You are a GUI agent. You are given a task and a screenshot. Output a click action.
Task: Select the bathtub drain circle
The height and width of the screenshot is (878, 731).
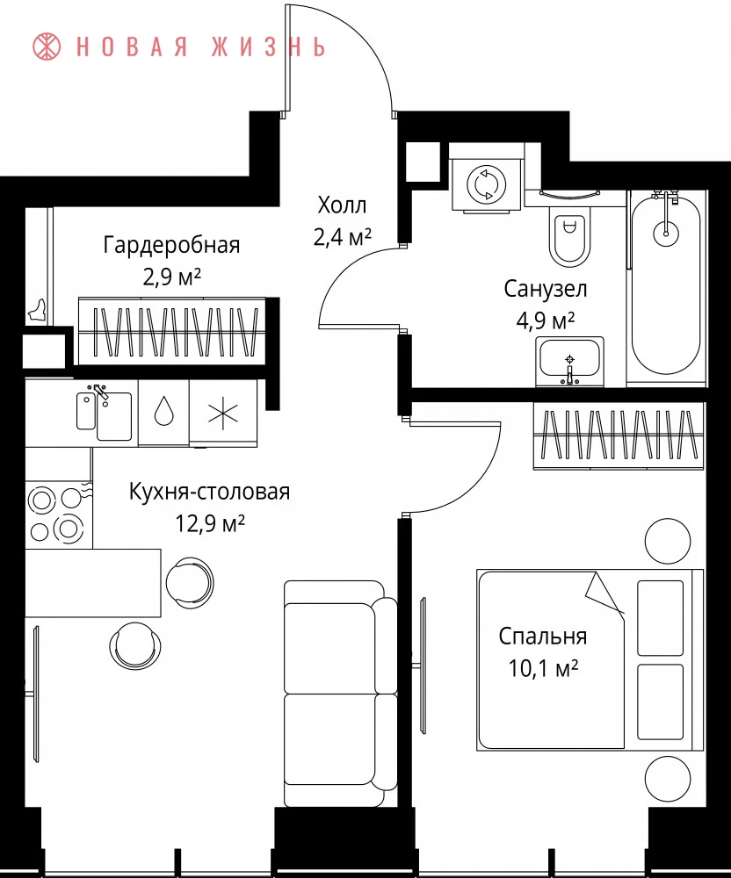[665, 231]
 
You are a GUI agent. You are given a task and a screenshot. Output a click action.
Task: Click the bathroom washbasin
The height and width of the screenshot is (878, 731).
[569, 362]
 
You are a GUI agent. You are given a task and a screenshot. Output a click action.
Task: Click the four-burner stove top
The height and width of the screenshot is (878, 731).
[56, 514]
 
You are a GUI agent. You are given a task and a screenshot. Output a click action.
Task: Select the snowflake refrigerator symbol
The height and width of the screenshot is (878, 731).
[223, 414]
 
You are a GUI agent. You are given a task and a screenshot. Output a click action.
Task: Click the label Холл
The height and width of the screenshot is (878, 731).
[343, 205]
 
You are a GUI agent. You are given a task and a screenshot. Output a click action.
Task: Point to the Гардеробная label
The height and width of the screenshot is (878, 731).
[171, 245]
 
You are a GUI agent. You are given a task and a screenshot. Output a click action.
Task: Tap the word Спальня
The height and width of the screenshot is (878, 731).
[543, 637]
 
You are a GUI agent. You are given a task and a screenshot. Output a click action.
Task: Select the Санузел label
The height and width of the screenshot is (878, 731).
[546, 289]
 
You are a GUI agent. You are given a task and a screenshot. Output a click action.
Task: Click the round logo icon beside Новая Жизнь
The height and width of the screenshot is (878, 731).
[47, 47]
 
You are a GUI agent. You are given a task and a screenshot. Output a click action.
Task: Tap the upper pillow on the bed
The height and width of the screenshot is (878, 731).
[661, 617]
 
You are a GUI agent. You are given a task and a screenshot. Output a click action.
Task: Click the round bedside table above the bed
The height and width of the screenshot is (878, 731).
[668, 541]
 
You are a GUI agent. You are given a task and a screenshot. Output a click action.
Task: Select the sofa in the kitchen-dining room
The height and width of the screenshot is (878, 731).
[341, 694]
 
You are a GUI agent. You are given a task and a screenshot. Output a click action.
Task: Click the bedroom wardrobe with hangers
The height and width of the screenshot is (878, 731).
[618, 435]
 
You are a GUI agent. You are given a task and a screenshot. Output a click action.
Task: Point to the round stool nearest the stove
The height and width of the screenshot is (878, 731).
[191, 580]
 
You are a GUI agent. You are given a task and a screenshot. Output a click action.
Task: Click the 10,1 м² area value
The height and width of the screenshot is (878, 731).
[543, 668]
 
